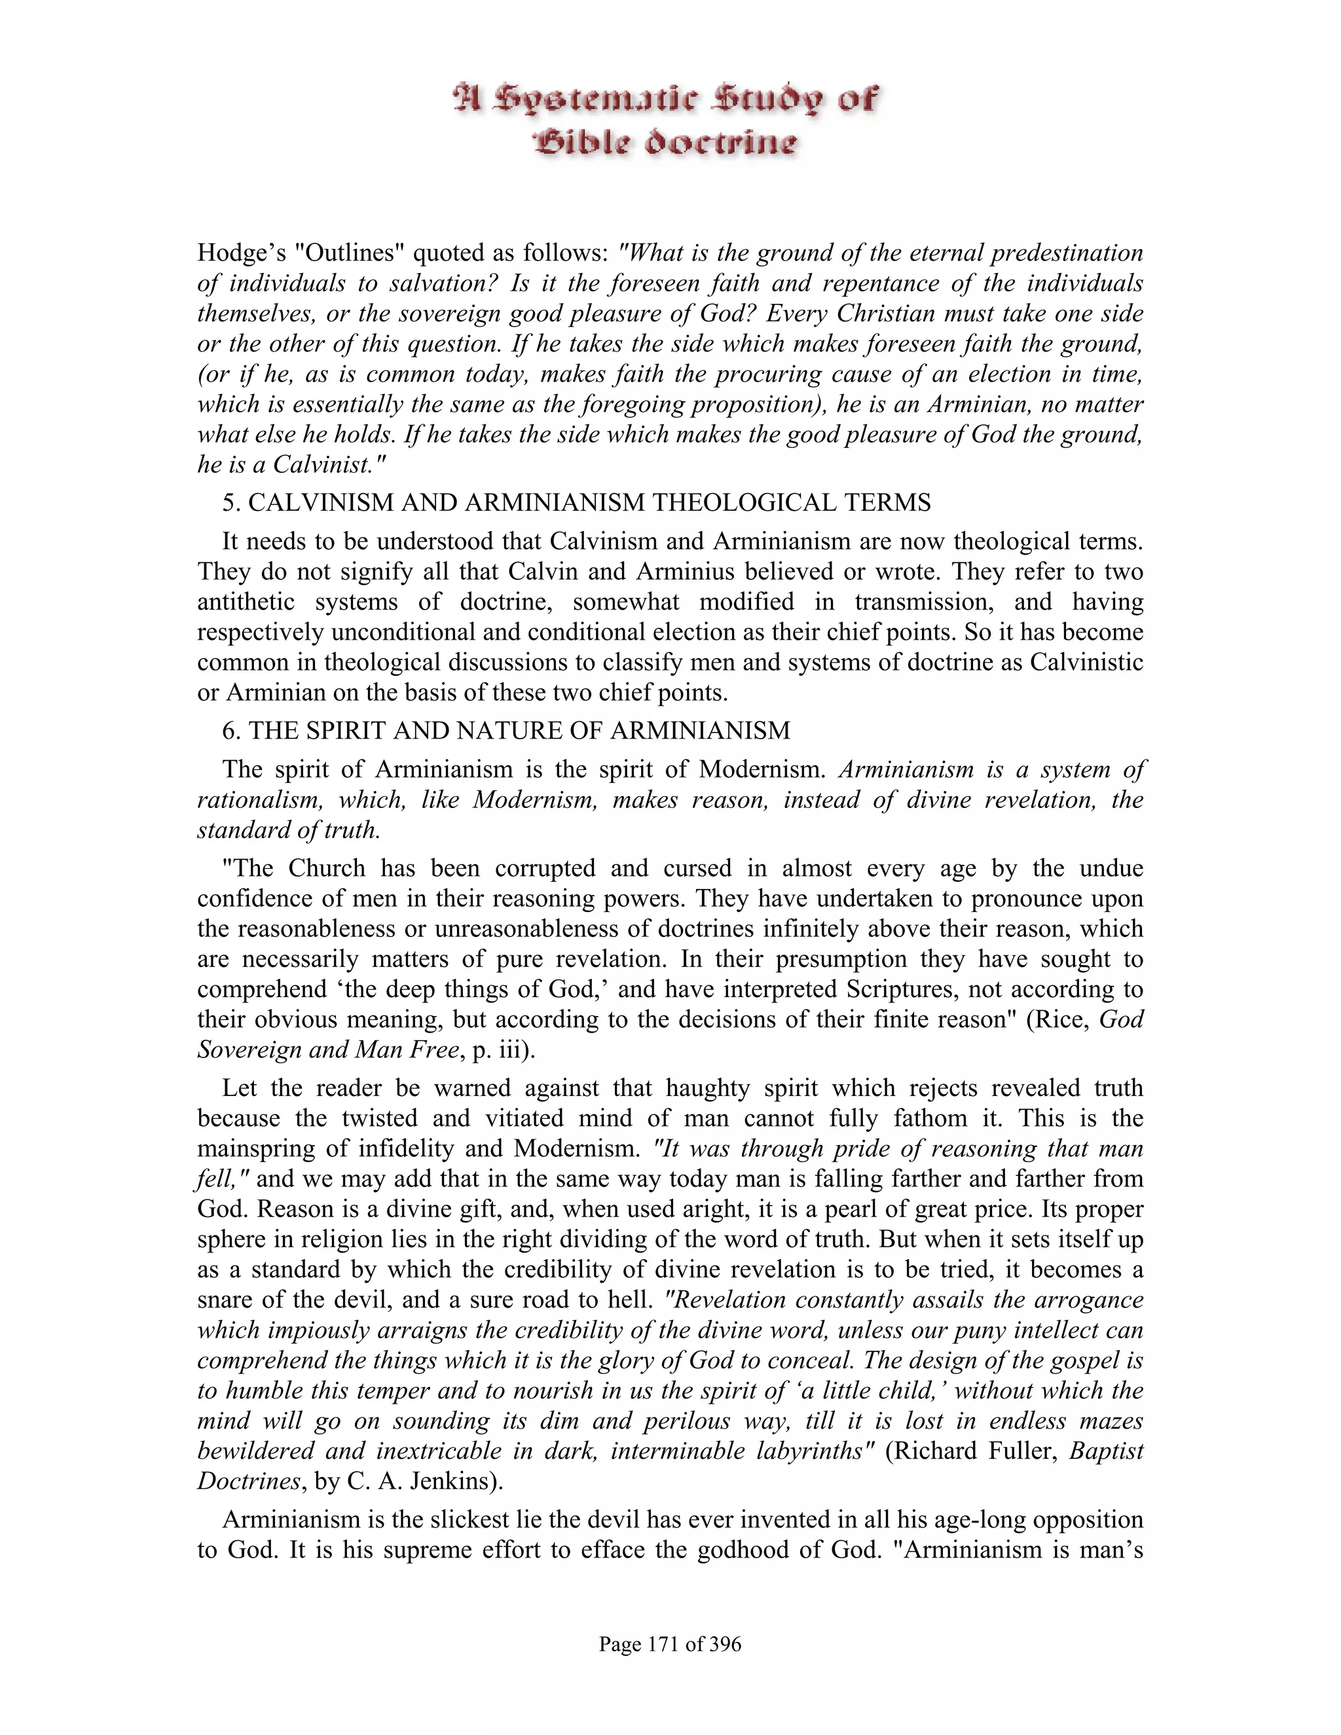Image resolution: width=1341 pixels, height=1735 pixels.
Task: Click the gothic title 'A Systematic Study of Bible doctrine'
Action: click(x=666, y=120)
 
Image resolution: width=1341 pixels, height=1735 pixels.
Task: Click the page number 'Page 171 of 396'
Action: click(x=670, y=1643)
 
